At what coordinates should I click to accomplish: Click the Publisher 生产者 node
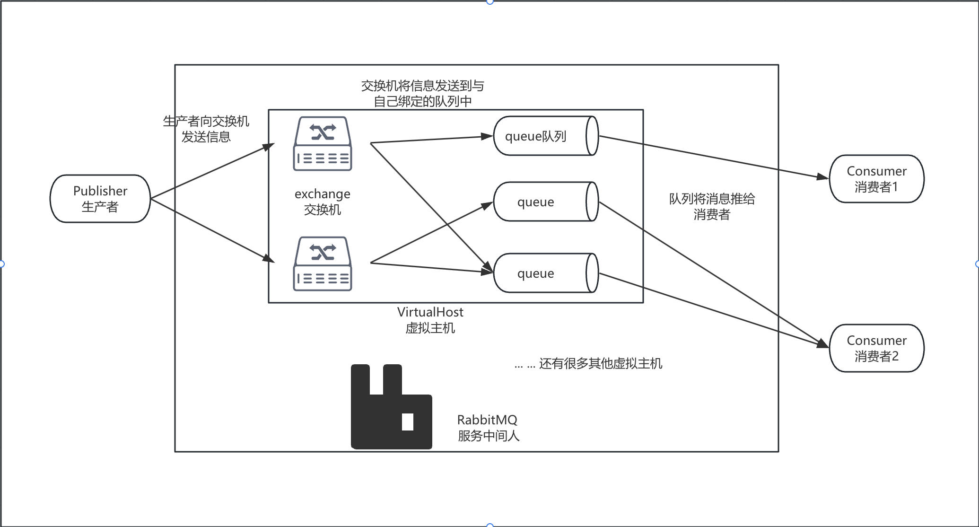point(100,199)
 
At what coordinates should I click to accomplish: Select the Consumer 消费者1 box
point(876,179)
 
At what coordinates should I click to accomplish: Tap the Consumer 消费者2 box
point(876,348)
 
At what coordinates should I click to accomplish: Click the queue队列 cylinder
point(539,136)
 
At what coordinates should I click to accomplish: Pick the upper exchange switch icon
point(323,144)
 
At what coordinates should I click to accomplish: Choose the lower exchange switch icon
point(323,264)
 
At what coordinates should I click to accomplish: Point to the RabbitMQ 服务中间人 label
point(488,428)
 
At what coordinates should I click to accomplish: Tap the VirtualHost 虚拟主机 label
point(430,320)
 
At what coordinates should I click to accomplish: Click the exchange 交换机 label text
point(323,202)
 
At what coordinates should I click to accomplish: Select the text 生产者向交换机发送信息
point(206,129)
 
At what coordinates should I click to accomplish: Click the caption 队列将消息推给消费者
point(712,207)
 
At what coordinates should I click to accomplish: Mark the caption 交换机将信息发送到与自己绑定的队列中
point(422,94)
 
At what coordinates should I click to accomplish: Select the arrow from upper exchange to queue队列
point(430,139)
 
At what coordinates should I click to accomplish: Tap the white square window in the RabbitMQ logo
point(408,422)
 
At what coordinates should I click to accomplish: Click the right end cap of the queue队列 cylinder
point(592,136)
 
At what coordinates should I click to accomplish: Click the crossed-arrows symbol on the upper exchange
point(323,132)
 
